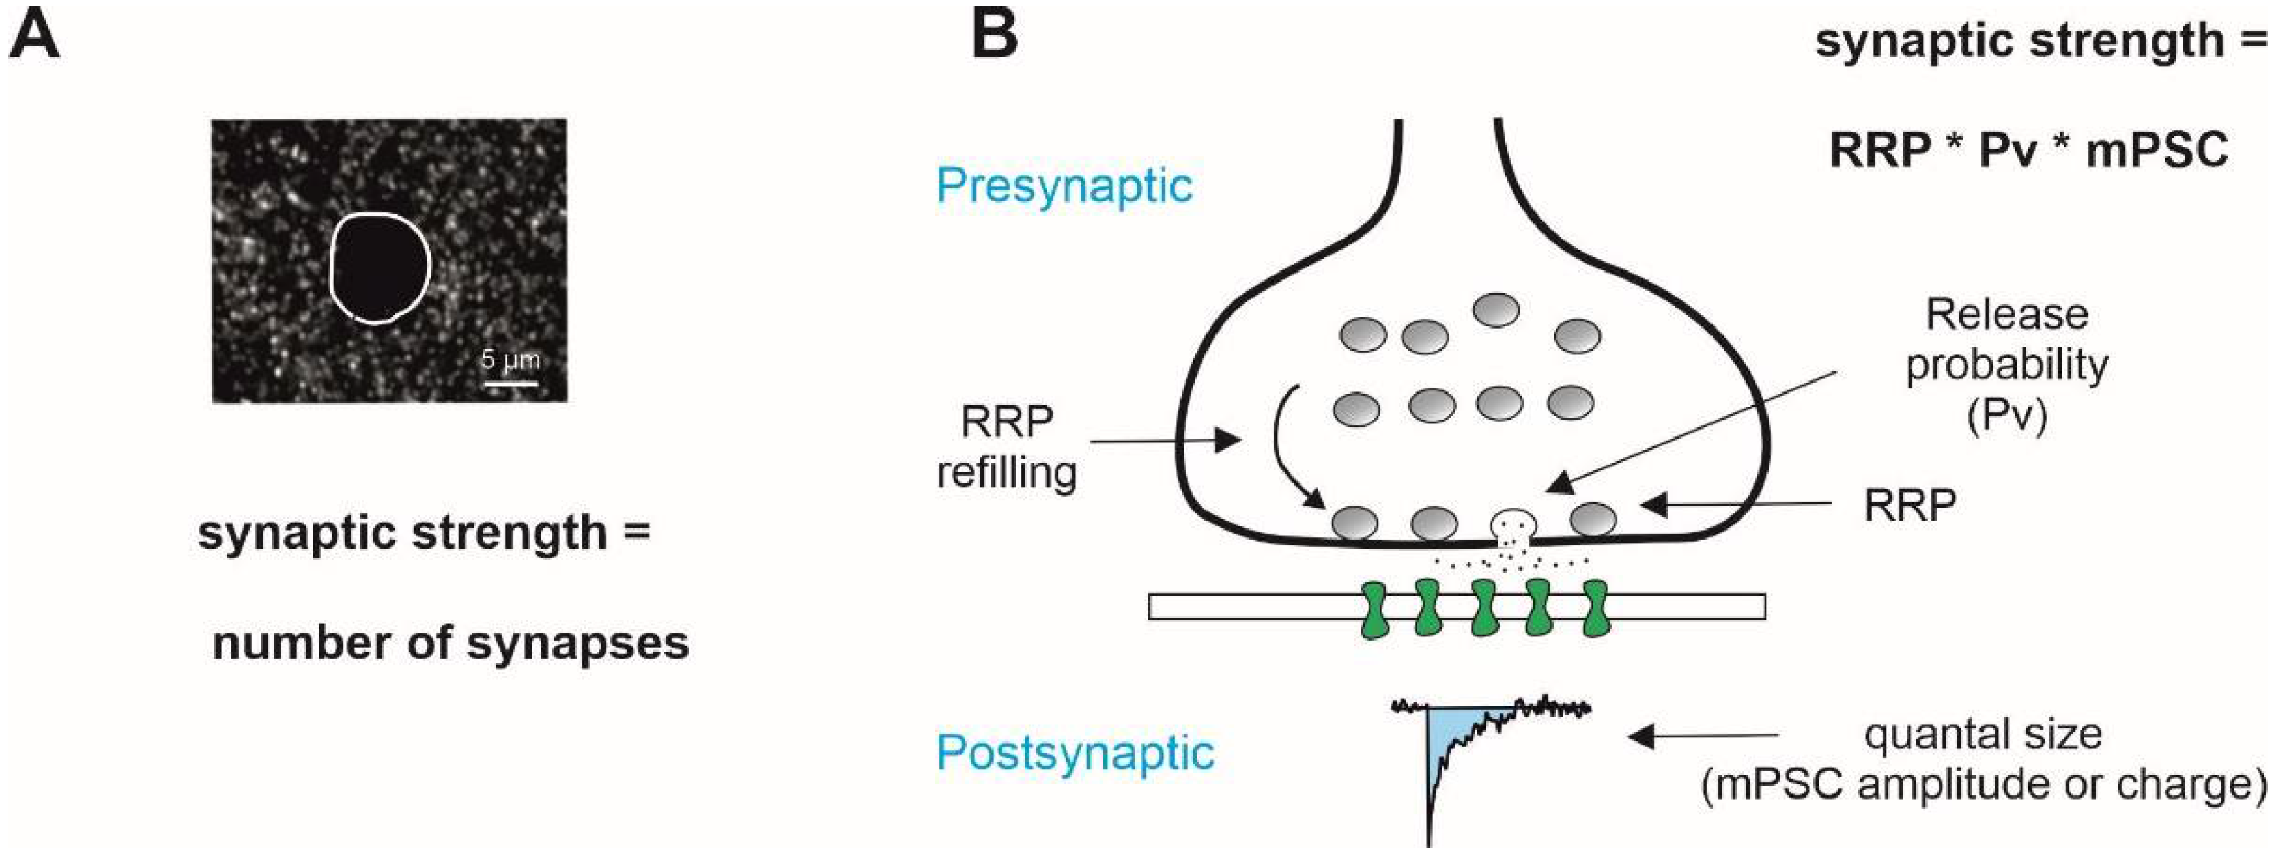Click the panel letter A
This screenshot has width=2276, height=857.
tap(35, 36)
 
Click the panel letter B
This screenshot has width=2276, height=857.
tap(994, 36)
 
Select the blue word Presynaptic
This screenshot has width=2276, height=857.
tap(1065, 185)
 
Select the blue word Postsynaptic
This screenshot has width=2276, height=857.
tap(1075, 753)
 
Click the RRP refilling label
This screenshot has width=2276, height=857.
tap(1007, 446)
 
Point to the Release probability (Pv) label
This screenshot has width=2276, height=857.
tap(2006, 365)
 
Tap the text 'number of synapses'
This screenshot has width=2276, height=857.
tap(451, 643)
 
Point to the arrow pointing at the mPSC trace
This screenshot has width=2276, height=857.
tap(1703, 735)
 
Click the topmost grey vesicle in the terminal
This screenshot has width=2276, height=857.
tap(1496, 310)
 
